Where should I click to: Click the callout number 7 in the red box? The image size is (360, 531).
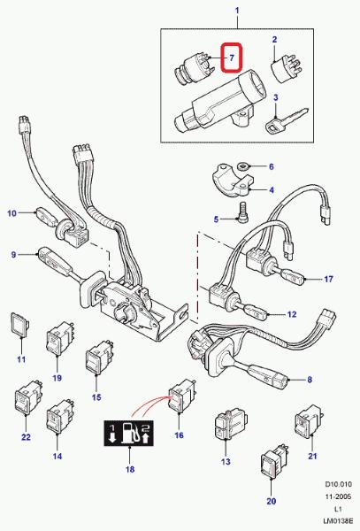(x=232, y=58)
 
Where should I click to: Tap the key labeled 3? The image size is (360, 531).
(x=287, y=121)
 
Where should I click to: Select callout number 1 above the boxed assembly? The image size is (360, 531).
(x=237, y=11)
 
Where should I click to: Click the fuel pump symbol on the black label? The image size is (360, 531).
(x=129, y=433)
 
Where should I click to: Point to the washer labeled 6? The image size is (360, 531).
(x=242, y=166)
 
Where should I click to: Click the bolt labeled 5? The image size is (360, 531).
(x=243, y=212)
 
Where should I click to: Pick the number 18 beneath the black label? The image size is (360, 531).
(x=130, y=469)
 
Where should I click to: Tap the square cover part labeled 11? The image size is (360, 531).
(x=20, y=324)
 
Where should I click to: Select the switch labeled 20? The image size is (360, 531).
(x=273, y=464)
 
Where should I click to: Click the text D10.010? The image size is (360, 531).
(x=339, y=484)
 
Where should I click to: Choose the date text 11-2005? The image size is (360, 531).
(x=339, y=496)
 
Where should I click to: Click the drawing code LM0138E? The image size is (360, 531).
(x=337, y=522)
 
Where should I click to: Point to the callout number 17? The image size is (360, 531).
(x=328, y=279)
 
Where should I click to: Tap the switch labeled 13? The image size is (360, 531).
(x=230, y=425)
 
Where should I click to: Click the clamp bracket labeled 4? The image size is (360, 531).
(x=232, y=180)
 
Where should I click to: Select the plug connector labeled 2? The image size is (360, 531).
(x=287, y=70)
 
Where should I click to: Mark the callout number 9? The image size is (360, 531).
(x=13, y=254)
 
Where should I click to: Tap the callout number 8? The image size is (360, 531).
(x=310, y=380)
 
